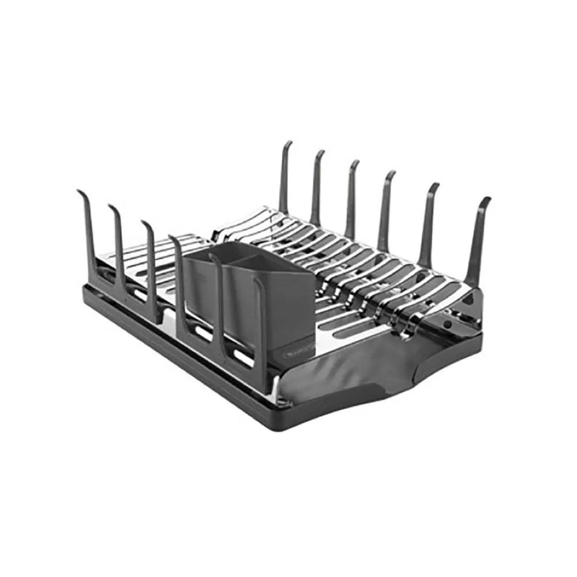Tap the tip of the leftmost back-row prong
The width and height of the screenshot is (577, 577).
click(287, 144)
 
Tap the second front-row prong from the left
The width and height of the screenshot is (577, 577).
click(118, 242)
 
